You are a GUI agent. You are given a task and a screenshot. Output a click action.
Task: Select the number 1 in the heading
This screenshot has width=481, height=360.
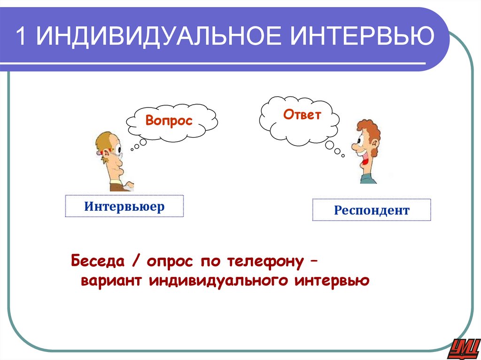tap(22, 37)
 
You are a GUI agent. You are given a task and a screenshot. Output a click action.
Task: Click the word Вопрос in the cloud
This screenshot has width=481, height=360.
tap(169, 120)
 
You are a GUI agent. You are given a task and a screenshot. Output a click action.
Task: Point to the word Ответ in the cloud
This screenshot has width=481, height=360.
tap(302, 115)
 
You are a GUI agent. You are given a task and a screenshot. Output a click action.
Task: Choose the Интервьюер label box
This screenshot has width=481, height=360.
tap(124, 207)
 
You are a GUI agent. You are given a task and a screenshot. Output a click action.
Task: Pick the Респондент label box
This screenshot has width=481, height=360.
tap(372, 210)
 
